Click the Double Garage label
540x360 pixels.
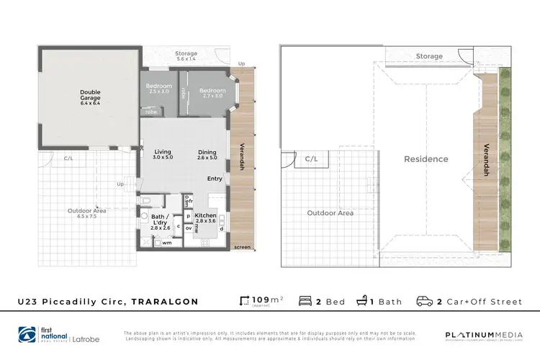90,97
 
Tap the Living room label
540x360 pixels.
163,155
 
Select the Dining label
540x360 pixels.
207,155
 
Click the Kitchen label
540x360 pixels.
206,218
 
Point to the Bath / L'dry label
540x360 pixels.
161,219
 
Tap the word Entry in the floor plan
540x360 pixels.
215,179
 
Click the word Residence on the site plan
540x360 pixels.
426,159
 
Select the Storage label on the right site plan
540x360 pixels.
429,56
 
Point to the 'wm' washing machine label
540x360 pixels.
166,243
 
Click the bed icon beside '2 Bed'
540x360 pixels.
305,301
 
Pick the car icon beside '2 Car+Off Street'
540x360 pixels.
425,301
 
